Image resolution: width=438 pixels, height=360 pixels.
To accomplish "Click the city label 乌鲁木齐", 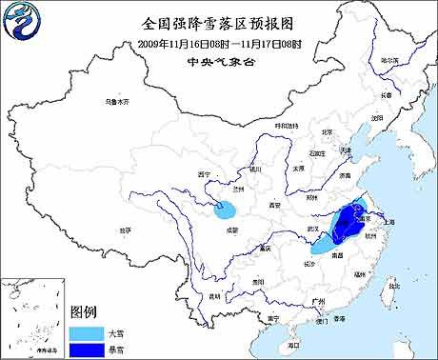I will pos(115,100).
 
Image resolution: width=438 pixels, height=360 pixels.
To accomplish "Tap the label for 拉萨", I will pos(126,230).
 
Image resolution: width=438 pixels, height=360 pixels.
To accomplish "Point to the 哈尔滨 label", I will pos(389,60).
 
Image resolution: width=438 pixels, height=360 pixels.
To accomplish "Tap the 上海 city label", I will pos(388,221).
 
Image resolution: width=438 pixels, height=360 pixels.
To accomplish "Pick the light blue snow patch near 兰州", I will pos(229,207).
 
